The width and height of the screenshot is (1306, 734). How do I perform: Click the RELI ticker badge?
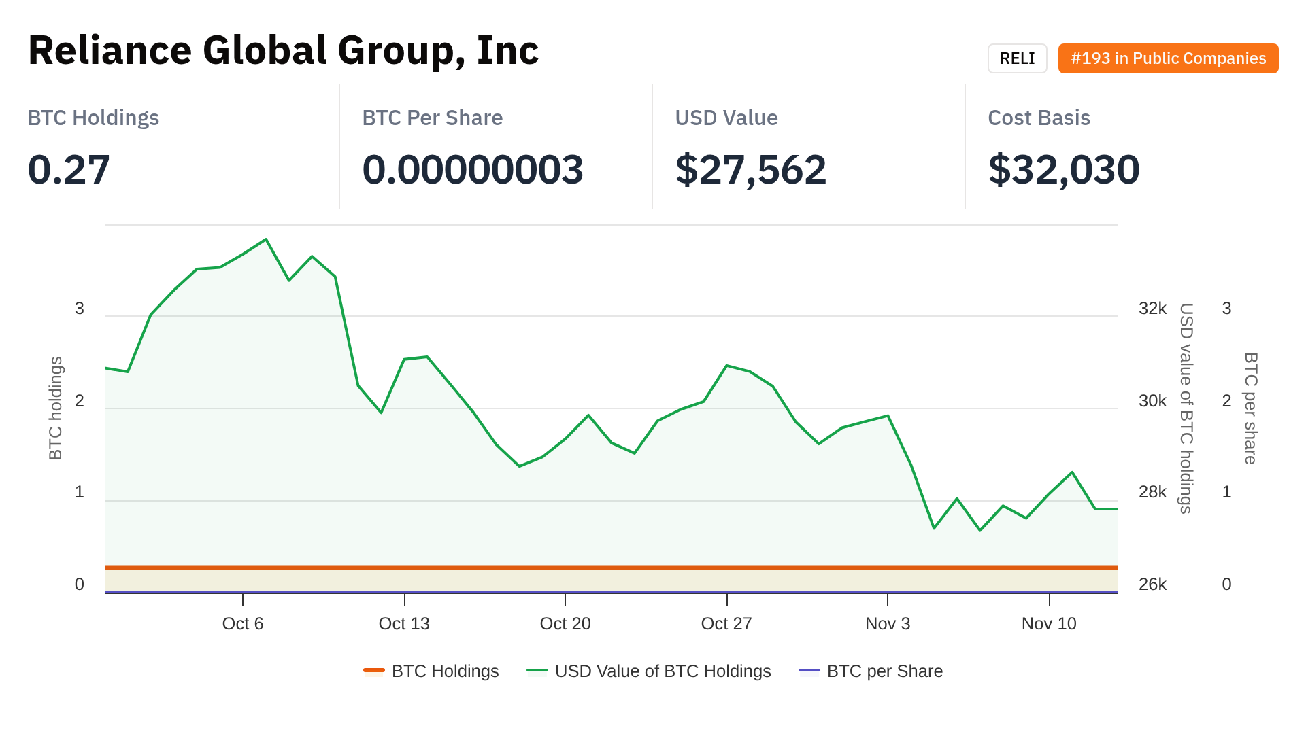tap(1017, 58)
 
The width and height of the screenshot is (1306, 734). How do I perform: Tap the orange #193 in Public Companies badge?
tap(1168, 58)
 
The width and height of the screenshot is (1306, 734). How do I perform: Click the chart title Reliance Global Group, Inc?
tap(283, 50)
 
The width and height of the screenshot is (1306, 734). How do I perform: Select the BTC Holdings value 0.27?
tap(69, 169)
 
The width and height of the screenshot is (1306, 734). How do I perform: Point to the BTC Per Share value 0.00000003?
tap(473, 169)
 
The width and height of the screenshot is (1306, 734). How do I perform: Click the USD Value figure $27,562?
tap(750, 169)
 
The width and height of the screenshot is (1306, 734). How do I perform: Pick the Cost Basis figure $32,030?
tap(1064, 169)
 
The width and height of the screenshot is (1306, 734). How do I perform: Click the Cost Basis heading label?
tap(1039, 118)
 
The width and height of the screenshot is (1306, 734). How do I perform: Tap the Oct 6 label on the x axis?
tap(243, 623)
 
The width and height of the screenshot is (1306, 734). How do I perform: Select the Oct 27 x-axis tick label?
tap(726, 623)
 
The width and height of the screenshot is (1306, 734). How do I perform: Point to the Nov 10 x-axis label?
tap(1049, 623)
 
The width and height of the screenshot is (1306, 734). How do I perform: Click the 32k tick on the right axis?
tap(1152, 309)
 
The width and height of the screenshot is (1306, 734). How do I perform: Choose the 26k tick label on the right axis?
tap(1152, 584)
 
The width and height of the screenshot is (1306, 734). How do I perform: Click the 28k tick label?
tap(1152, 492)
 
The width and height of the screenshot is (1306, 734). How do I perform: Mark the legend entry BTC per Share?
tap(884, 671)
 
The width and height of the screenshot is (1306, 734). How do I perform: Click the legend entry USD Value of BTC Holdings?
tap(663, 671)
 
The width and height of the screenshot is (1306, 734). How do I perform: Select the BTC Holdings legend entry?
tap(445, 671)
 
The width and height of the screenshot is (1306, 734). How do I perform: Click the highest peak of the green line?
tap(266, 239)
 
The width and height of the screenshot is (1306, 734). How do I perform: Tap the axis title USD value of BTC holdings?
tap(1186, 408)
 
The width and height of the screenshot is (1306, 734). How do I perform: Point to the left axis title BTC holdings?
tap(56, 408)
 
